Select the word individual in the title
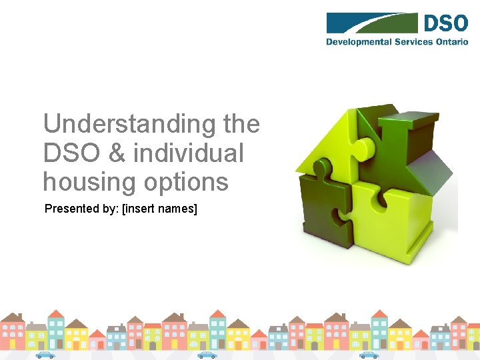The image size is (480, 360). click(x=189, y=153)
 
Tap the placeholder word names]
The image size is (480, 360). click(x=179, y=209)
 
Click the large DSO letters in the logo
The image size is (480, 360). click(x=445, y=23)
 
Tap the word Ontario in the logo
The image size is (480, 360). click(x=453, y=41)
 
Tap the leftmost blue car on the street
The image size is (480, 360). click(x=45, y=355)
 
